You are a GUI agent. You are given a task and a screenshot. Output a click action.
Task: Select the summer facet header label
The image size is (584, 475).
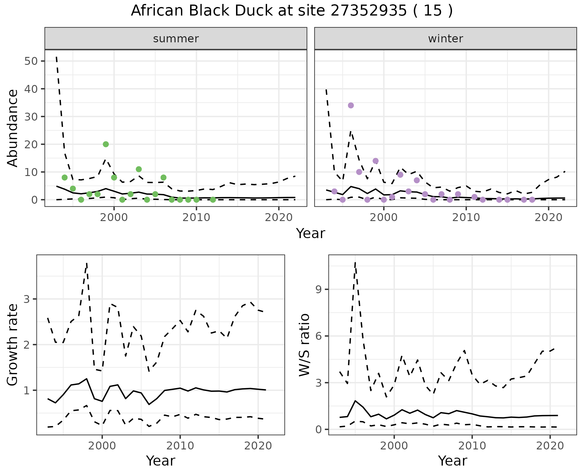point(176,39)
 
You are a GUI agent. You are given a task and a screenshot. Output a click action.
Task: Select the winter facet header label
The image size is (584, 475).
point(445,39)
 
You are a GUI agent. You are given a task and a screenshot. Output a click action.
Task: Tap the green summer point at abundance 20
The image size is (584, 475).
point(106,144)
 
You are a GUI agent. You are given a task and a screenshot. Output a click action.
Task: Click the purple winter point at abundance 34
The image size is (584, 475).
point(351,105)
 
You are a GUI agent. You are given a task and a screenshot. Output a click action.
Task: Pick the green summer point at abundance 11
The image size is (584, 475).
point(139,169)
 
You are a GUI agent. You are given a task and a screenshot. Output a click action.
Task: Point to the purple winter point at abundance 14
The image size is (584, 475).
point(376,161)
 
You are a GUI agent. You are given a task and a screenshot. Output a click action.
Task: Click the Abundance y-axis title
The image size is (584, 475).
point(13,128)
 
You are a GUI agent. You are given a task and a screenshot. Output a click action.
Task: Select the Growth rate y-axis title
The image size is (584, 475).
point(13,345)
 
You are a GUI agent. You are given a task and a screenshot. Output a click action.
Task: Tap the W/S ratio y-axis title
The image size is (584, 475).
point(304,345)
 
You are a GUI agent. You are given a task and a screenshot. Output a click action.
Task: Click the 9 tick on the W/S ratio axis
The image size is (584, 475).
point(319,289)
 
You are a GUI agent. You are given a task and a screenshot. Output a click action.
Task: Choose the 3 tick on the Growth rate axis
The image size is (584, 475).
point(27,299)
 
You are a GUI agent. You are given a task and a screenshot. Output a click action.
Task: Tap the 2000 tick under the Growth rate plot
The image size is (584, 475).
point(102,446)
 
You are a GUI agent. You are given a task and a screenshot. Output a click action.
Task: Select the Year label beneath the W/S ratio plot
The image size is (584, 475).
point(452,461)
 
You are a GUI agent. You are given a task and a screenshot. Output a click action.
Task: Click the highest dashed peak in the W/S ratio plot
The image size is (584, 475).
point(355,262)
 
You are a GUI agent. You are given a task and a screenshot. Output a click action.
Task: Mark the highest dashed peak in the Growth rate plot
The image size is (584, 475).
point(87,263)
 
